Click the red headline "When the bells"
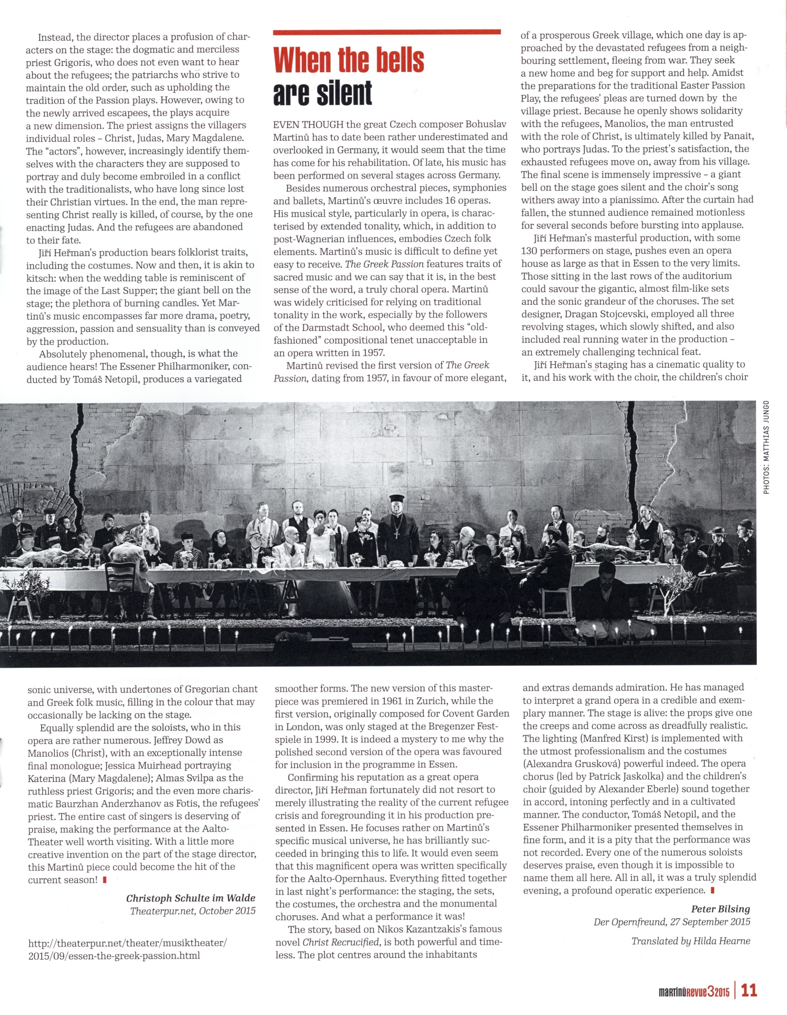(x=348, y=60)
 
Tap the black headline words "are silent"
(x=322, y=93)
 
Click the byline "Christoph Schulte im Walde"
(x=191, y=898)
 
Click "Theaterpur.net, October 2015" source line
(x=193, y=911)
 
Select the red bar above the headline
(x=387, y=32)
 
